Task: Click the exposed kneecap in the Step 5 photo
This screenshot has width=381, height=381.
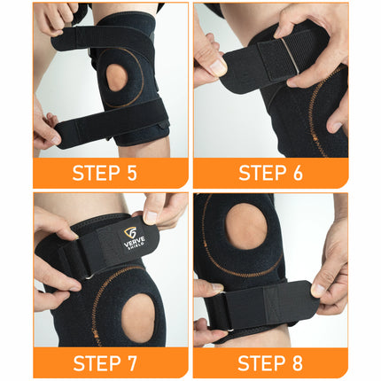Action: pos(117,78)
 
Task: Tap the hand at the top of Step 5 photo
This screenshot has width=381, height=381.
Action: pos(55,16)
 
